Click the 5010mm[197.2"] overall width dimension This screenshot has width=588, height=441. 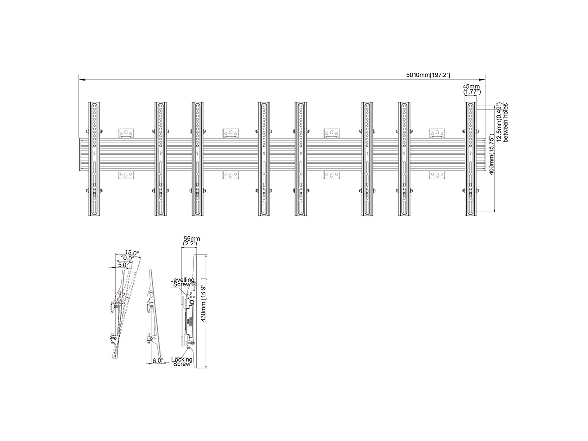pyautogui.click(x=428, y=75)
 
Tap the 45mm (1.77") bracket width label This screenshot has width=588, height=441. pyautogui.click(x=472, y=89)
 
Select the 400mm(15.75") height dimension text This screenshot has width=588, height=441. pyautogui.click(x=492, y=154)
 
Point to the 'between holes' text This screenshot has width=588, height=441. pyautogui.click(x=506, y=122)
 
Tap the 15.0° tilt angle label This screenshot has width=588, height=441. pyautogui.click(x=132, y=252)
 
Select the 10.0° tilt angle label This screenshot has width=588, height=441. pyautogui.click(x=127, y=258)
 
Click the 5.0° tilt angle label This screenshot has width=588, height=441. pyautogui.click(x=123, y=265)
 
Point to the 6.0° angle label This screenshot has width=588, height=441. pyautogui.click(x=158, y=361)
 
